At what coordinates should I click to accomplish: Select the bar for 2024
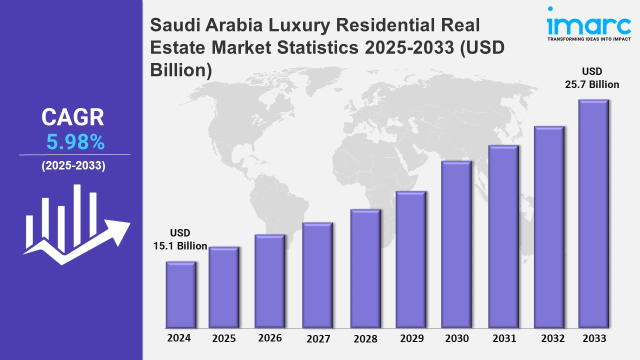[181, 294]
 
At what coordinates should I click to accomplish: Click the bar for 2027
[317, 275]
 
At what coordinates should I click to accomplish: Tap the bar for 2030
[456, 244]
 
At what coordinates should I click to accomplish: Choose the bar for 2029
[410, 259]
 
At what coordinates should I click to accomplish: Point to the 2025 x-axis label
[224, 338]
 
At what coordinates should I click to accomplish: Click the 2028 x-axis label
[365, 339]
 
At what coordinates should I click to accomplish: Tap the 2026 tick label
[270, 338]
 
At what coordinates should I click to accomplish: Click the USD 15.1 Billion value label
[180, 239]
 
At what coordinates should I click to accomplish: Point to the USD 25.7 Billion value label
[592, 78]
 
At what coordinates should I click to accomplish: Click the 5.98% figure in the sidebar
[75, 143]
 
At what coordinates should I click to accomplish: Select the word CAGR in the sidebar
[73, 117]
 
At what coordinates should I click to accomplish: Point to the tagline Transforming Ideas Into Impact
[588, 38]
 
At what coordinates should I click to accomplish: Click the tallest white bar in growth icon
[77, 215]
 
